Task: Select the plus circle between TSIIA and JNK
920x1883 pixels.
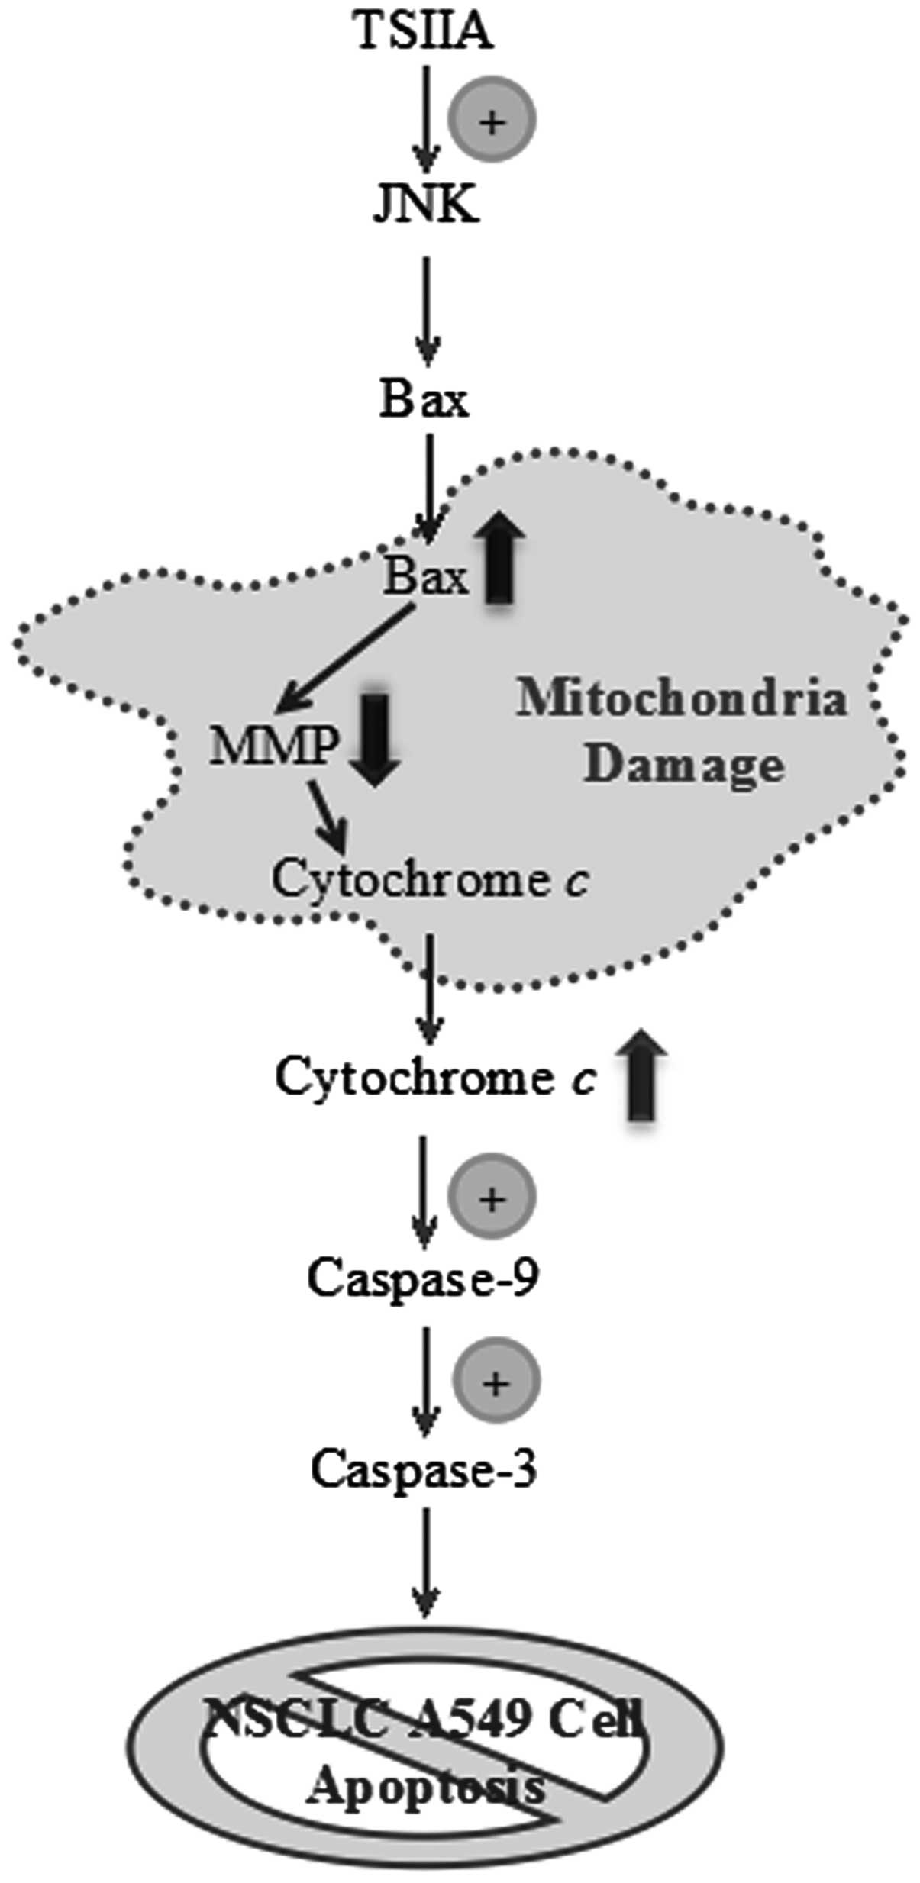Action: point(492,119)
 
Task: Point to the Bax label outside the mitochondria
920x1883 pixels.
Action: point(424,398)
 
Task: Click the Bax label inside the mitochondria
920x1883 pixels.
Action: point(424,576)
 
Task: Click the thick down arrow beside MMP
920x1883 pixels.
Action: point(374,739)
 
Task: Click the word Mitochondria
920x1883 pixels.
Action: point(682,698)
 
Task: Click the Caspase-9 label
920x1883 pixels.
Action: point(423,1276)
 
